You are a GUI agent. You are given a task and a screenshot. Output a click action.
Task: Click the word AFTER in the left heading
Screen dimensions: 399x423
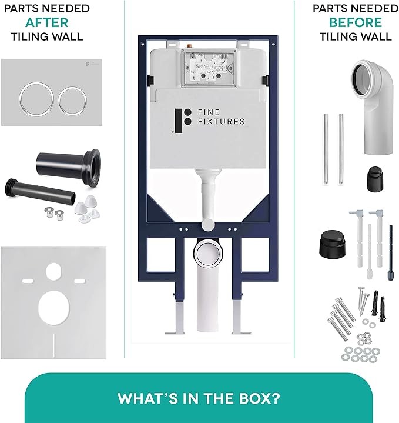pos(47,22)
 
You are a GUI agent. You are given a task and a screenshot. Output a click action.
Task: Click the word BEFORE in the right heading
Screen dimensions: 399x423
pos(356,22)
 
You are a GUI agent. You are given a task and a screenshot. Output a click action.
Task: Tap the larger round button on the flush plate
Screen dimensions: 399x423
pos(36,98)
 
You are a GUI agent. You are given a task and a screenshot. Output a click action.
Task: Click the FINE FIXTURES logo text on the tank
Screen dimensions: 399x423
pos(221,117)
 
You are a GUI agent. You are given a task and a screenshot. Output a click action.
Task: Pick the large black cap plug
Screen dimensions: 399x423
pos(333,244)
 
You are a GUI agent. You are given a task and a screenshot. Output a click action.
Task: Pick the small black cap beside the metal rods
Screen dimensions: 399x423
pos(375,179)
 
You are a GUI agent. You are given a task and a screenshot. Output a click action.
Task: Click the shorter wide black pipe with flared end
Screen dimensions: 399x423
pos(68,166)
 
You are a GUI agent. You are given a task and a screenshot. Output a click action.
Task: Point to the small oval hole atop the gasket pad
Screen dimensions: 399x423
pos(54,271)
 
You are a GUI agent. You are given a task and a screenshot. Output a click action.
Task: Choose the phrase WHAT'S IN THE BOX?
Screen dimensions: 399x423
pos(199,398)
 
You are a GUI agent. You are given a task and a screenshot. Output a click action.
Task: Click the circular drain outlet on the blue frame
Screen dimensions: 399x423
pos(208,254)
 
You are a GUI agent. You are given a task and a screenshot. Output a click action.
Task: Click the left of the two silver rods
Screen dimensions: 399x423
pos(326,149)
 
